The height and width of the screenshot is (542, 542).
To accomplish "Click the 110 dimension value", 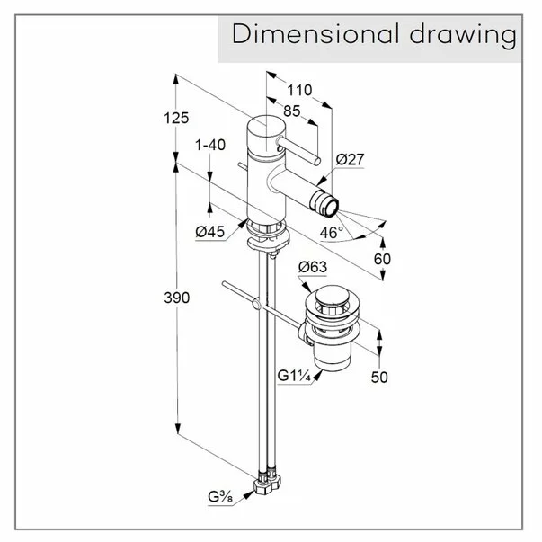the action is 299,90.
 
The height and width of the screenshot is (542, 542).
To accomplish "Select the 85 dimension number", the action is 292,111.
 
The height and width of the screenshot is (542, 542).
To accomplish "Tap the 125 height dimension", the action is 176,118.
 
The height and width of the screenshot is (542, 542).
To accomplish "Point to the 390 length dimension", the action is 177,298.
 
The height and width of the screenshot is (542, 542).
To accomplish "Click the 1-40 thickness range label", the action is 210,145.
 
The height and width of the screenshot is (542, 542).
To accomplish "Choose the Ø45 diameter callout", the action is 209,231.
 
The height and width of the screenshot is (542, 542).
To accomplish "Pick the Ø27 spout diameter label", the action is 350,159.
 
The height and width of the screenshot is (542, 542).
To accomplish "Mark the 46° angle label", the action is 332,233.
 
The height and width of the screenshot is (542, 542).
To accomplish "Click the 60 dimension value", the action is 382,259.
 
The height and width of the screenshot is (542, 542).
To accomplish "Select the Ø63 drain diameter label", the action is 313,267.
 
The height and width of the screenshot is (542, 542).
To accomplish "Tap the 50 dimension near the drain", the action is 379,377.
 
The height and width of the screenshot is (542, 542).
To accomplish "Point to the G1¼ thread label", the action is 294,376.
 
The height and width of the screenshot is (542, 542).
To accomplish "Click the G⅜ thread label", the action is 220,497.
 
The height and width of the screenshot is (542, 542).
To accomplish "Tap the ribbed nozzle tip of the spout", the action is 324,204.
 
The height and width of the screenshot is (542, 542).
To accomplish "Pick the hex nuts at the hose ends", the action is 267,481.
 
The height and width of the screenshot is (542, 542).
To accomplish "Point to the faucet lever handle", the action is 298,150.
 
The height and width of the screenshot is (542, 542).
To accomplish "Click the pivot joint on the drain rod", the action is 256,304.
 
